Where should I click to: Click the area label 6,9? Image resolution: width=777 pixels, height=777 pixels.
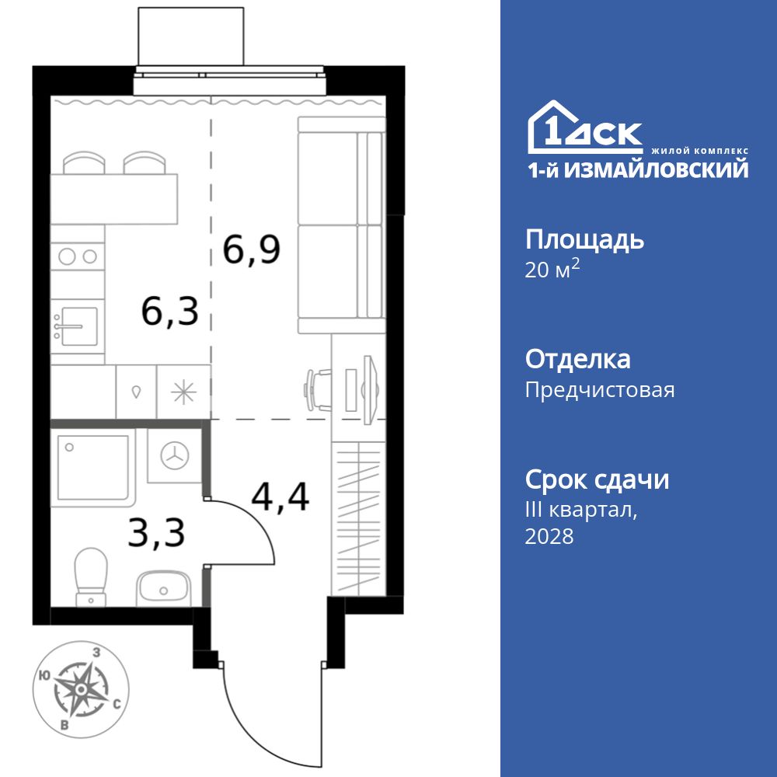(x=251, y=249)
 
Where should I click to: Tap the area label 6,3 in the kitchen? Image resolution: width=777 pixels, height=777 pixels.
(x=169, y=311)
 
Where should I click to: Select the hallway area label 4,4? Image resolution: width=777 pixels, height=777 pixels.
(x=280, y=497)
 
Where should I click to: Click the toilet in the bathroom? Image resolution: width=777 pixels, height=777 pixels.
(x=92, y=575)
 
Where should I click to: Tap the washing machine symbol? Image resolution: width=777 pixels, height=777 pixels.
(x=175, y=457)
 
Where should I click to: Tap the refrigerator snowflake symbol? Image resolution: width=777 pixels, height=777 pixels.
(x=184, y=392)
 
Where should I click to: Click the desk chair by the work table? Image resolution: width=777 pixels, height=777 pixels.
(x=316, y=386)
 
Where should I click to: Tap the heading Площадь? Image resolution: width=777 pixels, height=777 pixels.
(x=584, y=239)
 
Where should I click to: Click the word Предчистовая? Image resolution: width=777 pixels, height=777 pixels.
(x=600, y=389)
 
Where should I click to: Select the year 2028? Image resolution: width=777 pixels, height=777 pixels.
(x=549, y=536)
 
